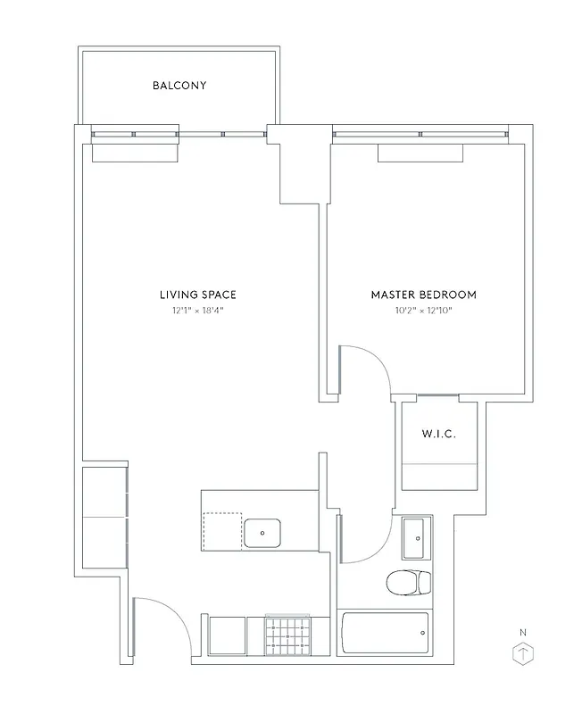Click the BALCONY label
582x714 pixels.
click(x=179, y=86)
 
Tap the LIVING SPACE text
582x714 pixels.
click(x=197, y=295)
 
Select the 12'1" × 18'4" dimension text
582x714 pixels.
click(x=197, y=311)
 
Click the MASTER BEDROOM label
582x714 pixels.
click(x=423, y=295)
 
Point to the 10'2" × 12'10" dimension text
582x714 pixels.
click(x=423, y=311)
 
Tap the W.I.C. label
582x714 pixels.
click(x=438, y=435)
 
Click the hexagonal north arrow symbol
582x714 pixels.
click(x=522, y=654)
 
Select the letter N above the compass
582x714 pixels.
click(x=522, y=633)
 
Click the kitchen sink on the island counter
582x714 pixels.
click(x=262, y=533)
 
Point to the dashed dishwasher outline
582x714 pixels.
click(x=222, y=530)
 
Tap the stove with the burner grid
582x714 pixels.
click(x=287, y=636)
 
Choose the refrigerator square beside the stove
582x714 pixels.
click(x=227, y=636)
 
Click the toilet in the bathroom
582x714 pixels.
click(x=408, y=583)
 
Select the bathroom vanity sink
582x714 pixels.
click(x=415, y=537)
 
